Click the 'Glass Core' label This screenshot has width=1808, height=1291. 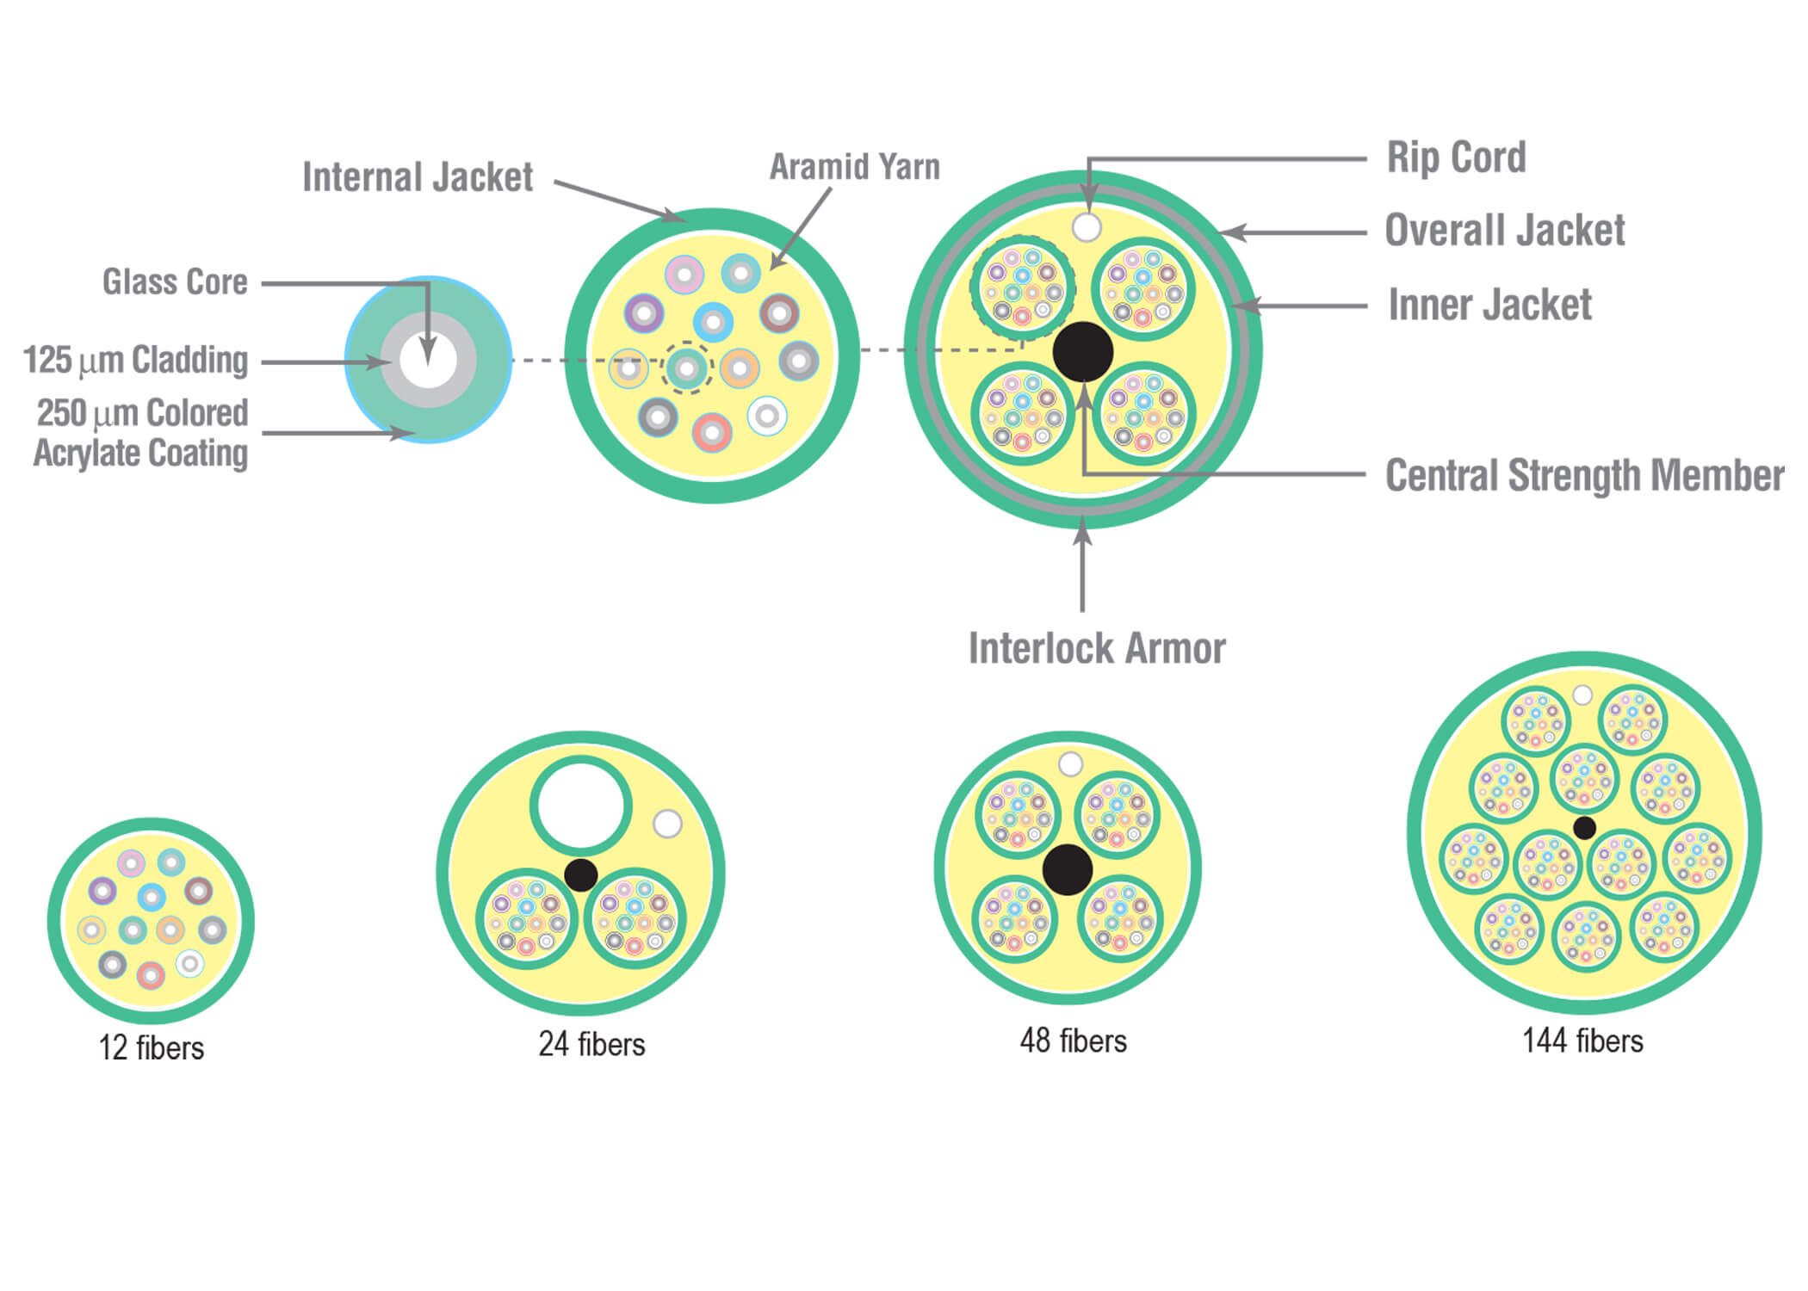point(175,282)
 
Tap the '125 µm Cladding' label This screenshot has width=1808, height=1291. point(136,361)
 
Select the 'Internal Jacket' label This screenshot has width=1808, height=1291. point(418,177)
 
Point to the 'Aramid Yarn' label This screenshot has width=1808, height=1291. point(854,167)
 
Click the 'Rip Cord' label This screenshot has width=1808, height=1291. point(1456,158)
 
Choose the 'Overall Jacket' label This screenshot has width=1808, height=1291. point(1504,231)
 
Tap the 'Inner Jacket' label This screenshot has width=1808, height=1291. point(1489,306)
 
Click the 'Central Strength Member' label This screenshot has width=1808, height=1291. point(1583,475)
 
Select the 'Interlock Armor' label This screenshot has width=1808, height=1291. point(1096,648)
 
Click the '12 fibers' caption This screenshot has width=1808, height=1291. point(152,1048)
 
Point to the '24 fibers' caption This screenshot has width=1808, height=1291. point(591,1044)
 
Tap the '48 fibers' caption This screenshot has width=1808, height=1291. point(1073,1041)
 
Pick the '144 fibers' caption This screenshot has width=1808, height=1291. point(1582,1041)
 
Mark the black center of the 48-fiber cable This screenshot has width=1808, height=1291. point(1068,869)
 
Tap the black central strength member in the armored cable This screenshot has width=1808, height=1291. point(1083,351)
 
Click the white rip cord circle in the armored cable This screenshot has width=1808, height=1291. point(1087,227)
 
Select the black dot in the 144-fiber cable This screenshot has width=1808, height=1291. point(1584,828)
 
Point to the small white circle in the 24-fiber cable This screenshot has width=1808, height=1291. point(667,824)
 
